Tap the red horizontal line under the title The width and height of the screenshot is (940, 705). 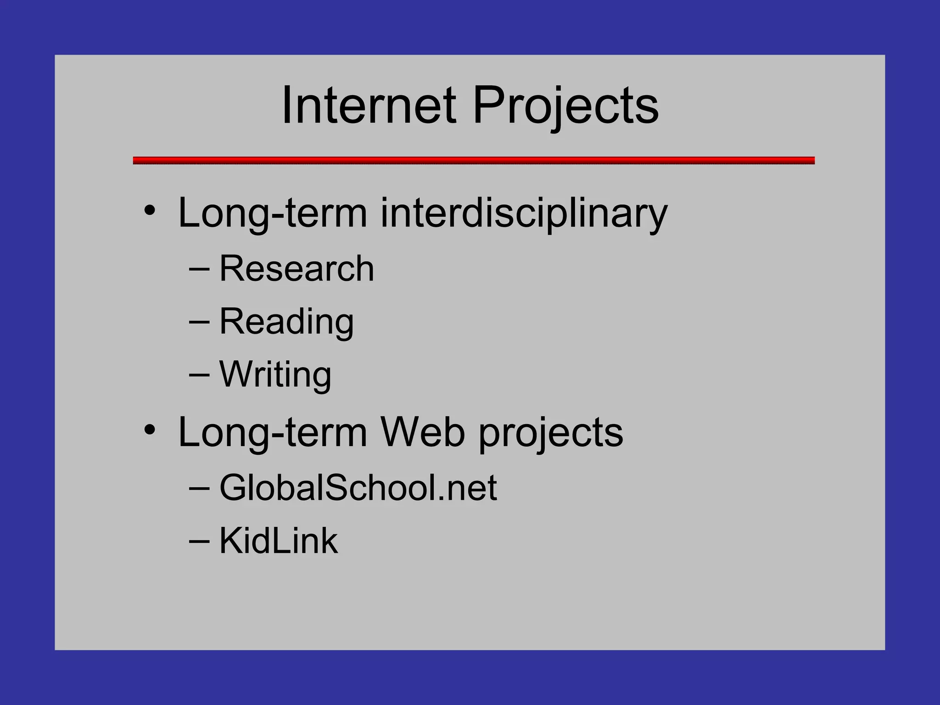pyautogui.click(x=474, y=160)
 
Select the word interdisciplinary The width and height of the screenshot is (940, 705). pyautogui.click(x=524, y=213)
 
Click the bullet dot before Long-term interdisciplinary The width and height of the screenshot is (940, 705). pyautogui.click(x=150, y=211)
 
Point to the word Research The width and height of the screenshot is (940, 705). pyautogui.click(x=297, y=269)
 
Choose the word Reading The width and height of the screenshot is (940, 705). pyautogui.click(x=286, y=322)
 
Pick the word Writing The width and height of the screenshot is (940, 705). pyautogui.click(x=275, y=375)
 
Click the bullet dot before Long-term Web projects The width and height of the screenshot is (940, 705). pyautogui.click(x=150, y=430)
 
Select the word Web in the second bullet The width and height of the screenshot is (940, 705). pyautogui.click(x=423, y=432)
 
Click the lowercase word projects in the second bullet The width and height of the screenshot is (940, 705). pyautogui.click(x=551, y=434)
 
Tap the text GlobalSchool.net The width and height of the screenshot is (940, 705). pyautogui.click(x=358, y=488)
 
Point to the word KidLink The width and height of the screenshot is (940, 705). pyautogui.click(x=279, y=541)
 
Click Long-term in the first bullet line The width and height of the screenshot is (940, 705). pyautogui.click(x=272, y=213)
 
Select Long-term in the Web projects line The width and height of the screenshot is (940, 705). pyautogui.click(x=272, y=432)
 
